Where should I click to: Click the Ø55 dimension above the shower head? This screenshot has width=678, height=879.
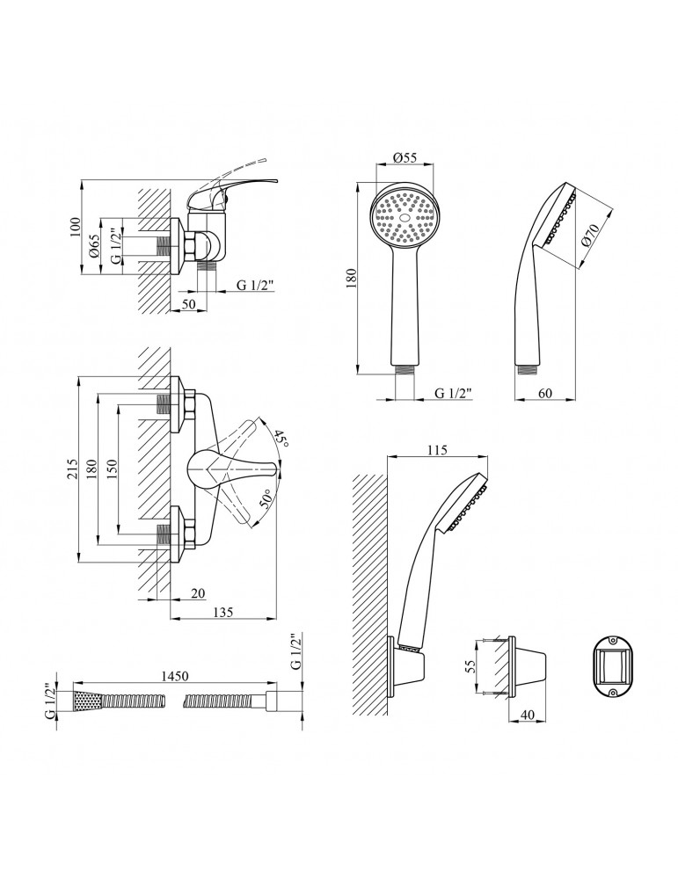[405, 158]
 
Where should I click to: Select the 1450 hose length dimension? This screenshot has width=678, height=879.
[175, 676]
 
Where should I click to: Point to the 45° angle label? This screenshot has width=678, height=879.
[281, 437]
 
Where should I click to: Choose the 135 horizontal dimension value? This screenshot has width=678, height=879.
[223, 612]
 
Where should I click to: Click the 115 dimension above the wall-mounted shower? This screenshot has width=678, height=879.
[437, 449]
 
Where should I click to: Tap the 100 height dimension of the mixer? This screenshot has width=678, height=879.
[77, 227]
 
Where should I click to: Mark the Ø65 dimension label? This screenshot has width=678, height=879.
[94, 245]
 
